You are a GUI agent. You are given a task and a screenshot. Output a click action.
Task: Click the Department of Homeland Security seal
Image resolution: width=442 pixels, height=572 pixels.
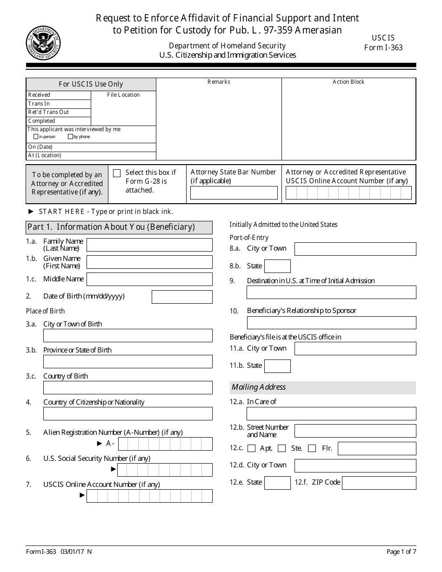(x=43, y=43)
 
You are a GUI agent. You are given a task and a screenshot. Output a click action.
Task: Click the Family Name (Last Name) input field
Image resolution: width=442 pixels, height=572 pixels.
(x=149, y=245)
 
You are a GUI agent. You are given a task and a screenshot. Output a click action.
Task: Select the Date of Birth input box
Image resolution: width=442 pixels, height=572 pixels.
(x=182, y=297)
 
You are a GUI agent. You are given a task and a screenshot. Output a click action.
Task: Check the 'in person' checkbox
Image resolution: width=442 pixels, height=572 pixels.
(x=36, y=137)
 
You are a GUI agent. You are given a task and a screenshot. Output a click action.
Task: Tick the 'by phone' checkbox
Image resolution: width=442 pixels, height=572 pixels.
(x=70, y=137)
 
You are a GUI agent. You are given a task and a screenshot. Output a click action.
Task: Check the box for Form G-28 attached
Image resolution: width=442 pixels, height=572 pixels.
(x=117, y=173)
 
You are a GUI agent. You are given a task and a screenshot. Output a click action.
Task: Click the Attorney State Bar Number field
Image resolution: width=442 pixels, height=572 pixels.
(x=234, y=193)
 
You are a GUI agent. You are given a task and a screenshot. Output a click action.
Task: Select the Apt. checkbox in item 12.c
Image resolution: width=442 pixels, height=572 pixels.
(x=252, y=448)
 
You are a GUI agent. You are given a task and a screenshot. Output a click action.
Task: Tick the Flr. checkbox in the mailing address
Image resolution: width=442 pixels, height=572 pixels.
(x=312, y=448)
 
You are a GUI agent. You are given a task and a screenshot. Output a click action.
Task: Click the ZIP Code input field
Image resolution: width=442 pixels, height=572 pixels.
(x=379, y=483)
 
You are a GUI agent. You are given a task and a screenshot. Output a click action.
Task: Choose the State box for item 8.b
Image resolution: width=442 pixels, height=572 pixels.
(x=277, y=266)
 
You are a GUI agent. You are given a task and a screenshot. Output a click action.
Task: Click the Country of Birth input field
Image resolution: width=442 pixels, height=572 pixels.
(x=127, y=388)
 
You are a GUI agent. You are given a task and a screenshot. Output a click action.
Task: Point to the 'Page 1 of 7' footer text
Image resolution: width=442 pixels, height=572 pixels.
(x=401, y=552)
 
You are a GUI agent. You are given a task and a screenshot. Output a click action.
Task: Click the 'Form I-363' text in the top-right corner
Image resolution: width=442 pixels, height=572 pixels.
(x=383, y=47)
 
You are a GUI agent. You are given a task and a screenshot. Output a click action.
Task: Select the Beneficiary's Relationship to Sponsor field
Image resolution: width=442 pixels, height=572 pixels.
(x=331, y=323)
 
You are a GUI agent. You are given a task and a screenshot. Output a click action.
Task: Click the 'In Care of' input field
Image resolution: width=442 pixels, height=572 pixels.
(x=331, y=413)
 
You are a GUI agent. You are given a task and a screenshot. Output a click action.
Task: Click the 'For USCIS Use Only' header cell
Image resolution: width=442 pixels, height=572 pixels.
(x=91, y=84)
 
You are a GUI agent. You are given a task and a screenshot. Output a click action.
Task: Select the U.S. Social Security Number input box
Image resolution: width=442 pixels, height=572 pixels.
(x=165, y=470)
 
